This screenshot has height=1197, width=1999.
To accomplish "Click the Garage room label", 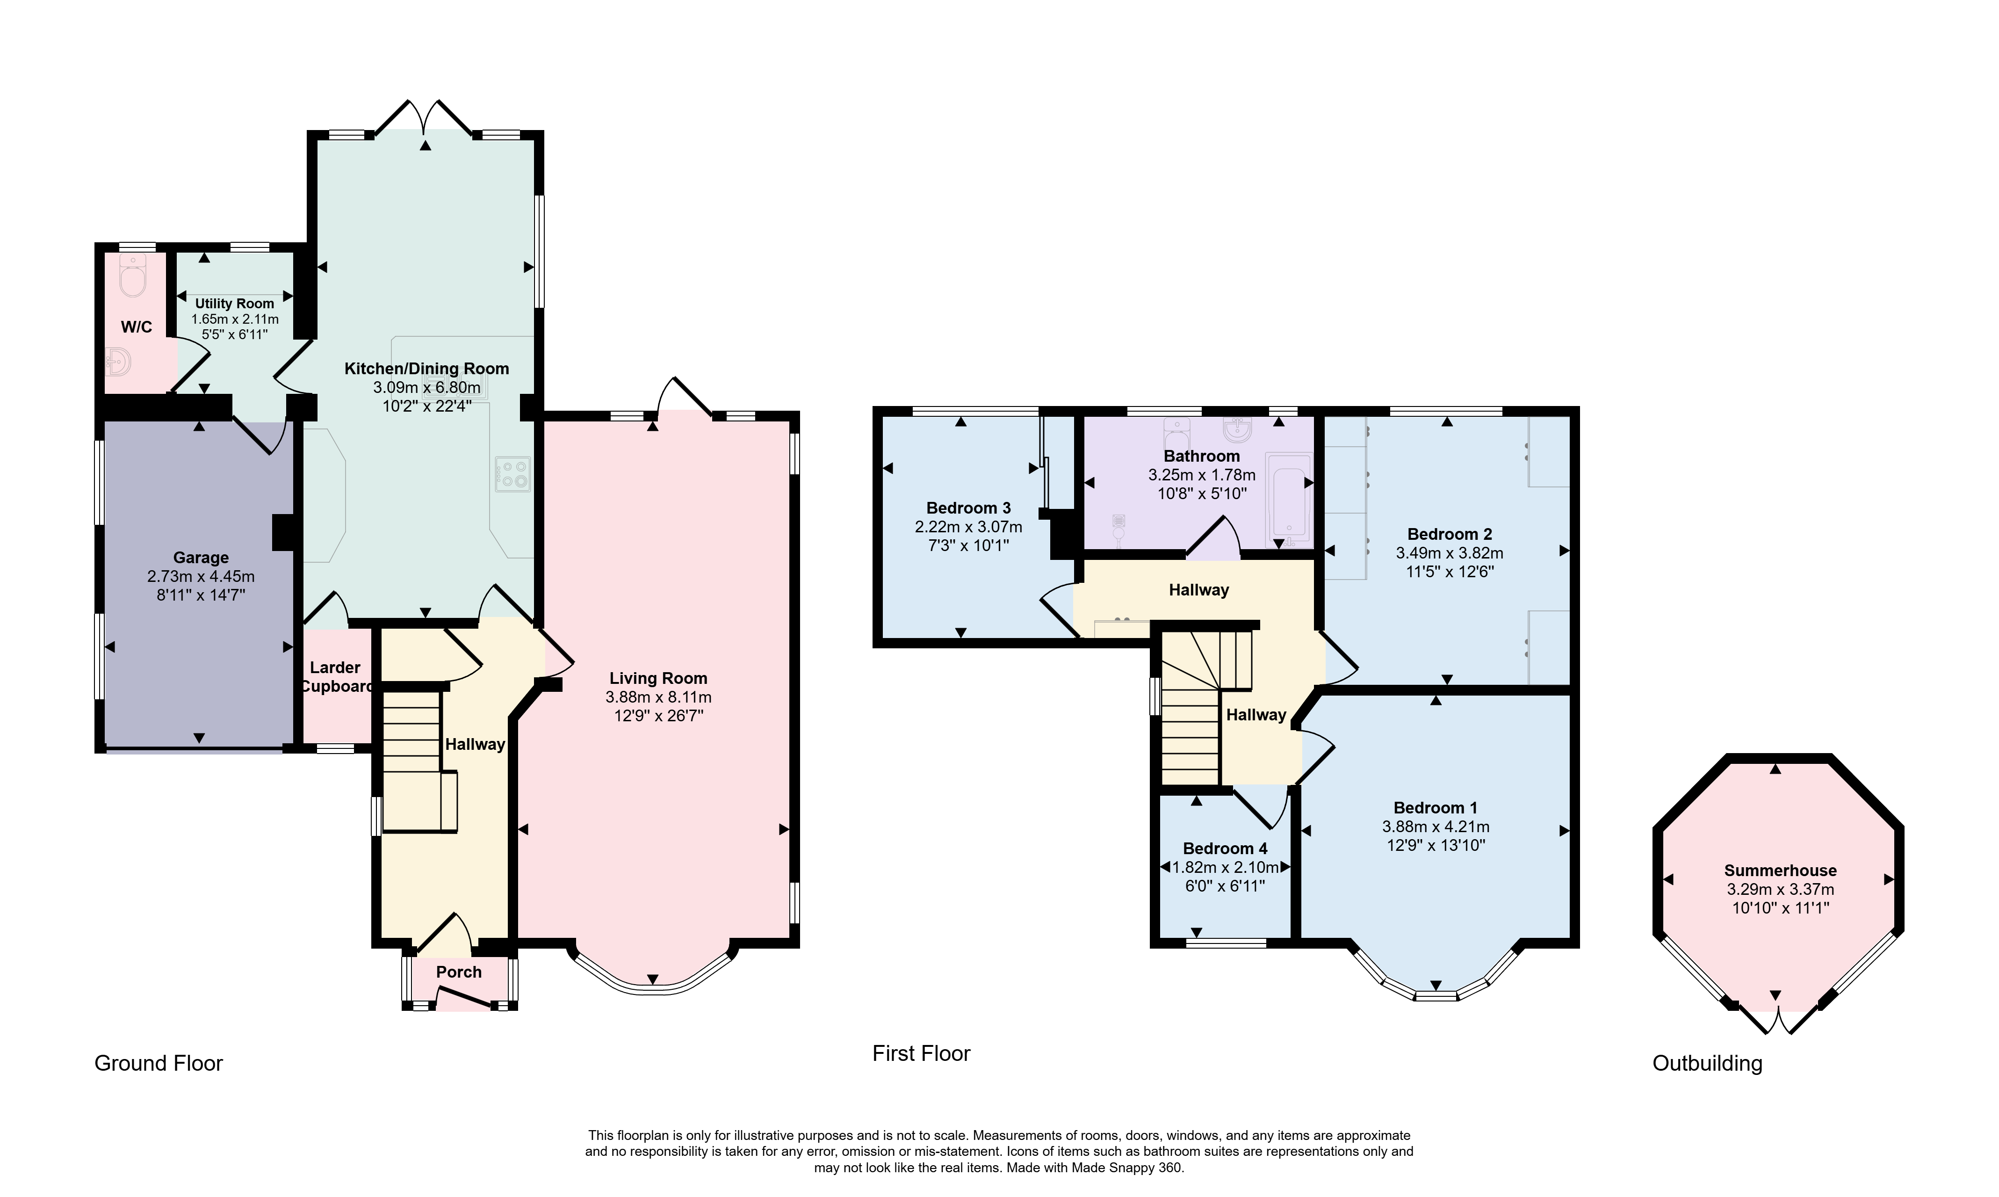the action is (201, 558).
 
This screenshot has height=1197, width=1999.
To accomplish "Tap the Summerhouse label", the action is (1781, 871).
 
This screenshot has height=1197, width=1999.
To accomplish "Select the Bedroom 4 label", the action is (1225, 849).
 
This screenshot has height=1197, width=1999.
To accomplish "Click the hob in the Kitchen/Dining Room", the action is (513, 474).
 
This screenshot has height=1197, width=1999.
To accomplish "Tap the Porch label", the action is (459, 972).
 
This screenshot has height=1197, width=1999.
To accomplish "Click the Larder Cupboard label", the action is (336, 677).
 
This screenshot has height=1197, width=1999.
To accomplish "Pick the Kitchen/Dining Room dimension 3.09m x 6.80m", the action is (426, 388).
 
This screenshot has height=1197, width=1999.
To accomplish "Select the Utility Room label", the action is (235, 304).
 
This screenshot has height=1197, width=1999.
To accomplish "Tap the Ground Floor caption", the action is (159, 1063).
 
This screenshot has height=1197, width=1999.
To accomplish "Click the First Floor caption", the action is (922, 1053).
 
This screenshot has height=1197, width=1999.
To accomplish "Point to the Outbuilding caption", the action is (1707, 1063).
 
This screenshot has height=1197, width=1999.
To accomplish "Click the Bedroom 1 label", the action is (1436, 807).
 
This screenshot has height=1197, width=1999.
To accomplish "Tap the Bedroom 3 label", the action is (968, 508).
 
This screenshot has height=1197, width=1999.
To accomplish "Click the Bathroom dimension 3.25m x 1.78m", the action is (1201, 475).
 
